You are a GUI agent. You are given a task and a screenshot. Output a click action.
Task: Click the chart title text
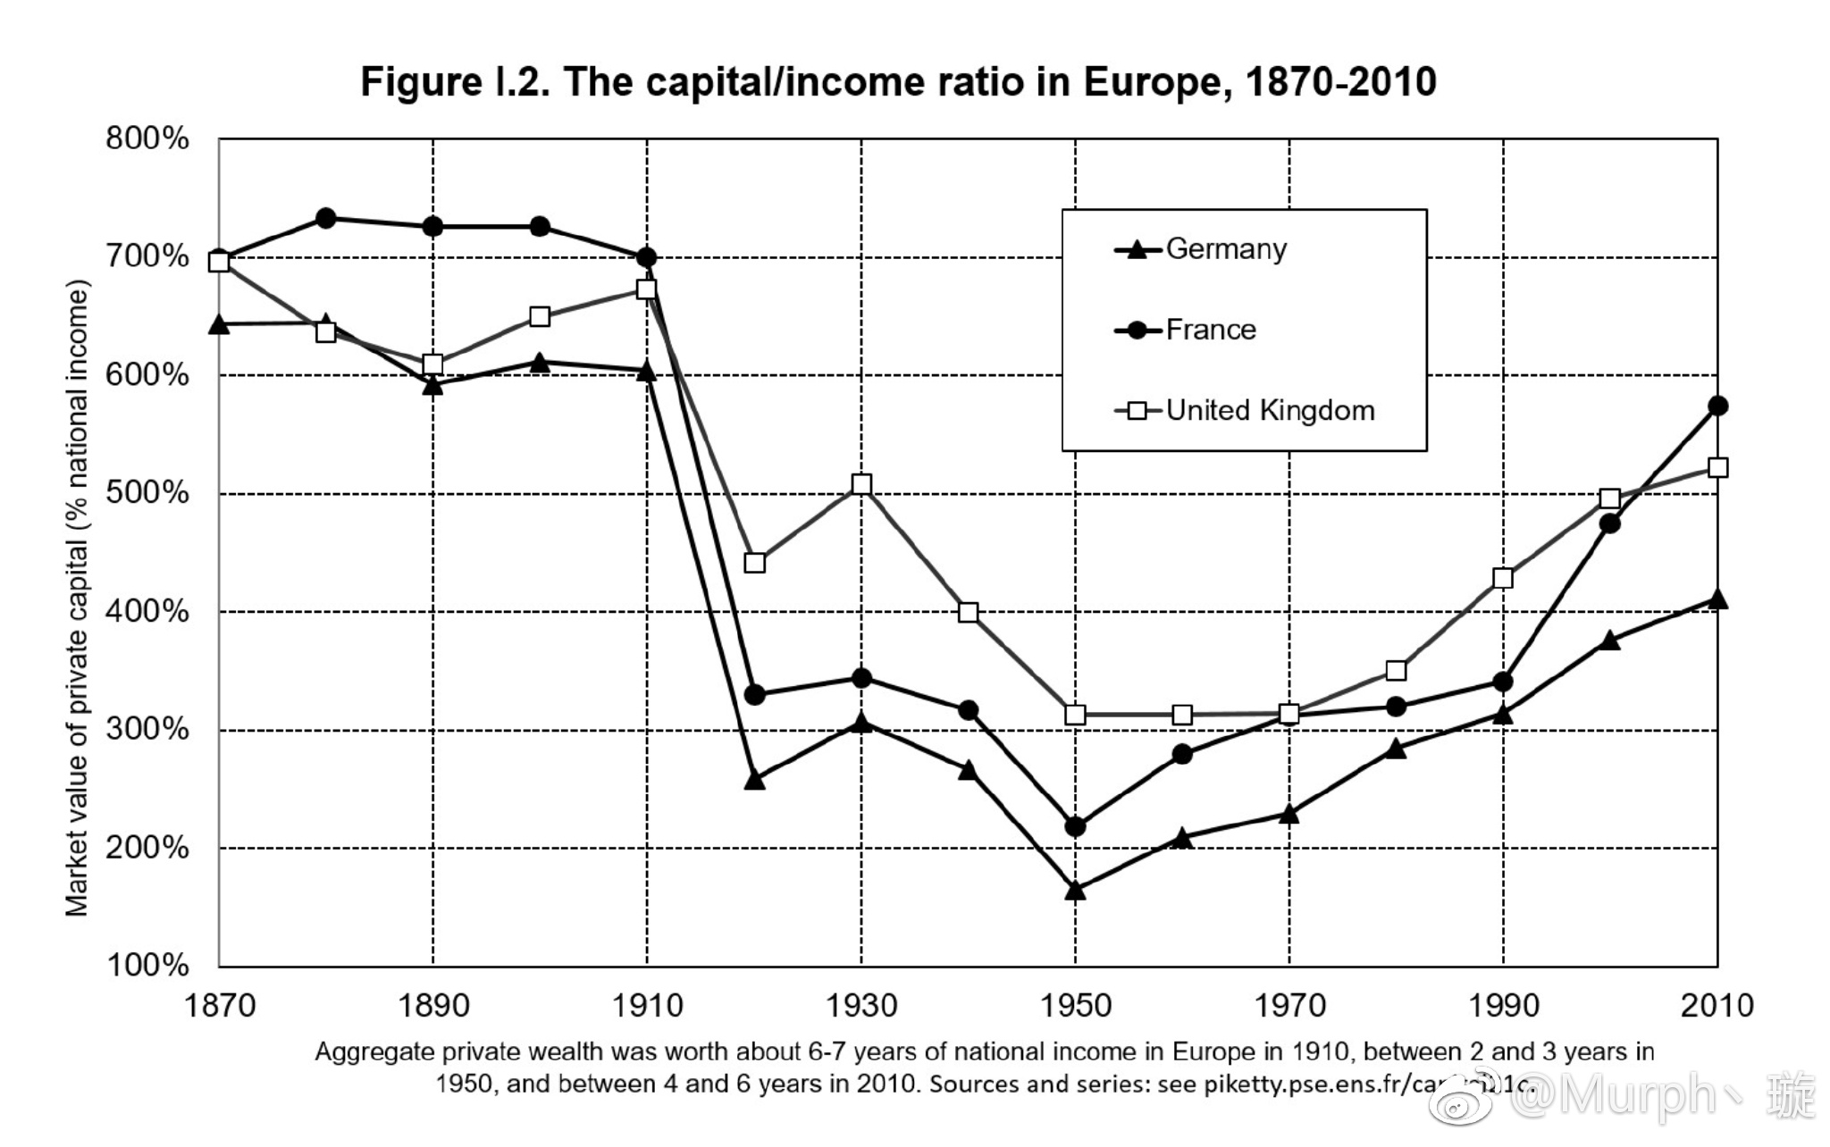pyautogui.click(x=898, y=82)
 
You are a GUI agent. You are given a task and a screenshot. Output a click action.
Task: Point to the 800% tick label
pyautogui.click(x=147, y=139)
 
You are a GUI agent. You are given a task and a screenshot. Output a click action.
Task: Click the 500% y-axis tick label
pyautogui.click(x=147, y=493)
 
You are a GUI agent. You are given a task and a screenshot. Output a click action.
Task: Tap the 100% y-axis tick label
pyautogui.click(x=147, y=966)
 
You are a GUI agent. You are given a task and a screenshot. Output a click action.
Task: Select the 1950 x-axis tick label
pyautogui.click(x=1075, y=1006)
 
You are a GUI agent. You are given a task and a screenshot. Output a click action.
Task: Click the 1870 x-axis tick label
pyautogui.click(x=219, y=1006)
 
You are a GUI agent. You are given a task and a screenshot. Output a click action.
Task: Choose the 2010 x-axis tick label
pyautogui.click(x=1717, y=1006)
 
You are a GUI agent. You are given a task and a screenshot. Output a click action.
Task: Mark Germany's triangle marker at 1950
pyautogui.click(x=1075, y=890)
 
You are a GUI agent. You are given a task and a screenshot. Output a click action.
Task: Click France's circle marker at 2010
pyautogui.click(x=1717, y=406)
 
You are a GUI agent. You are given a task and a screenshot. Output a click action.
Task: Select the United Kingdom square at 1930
pyautogui.click(x=861, y=484)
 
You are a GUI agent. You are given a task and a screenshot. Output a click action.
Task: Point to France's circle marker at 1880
pyautogui.click(x=326, y=218)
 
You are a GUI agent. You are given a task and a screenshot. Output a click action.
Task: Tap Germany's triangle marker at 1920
pyautogui.click(x=754, y=780)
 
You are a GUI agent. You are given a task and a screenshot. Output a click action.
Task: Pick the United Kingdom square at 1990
pyautogui.click(x=1503, y=578)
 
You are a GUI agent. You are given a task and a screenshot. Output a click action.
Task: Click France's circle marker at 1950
pyautogui.click(x=1076, y=827)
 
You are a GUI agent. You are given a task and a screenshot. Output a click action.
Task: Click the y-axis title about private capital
pyautogui.click(x=78, y=599)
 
